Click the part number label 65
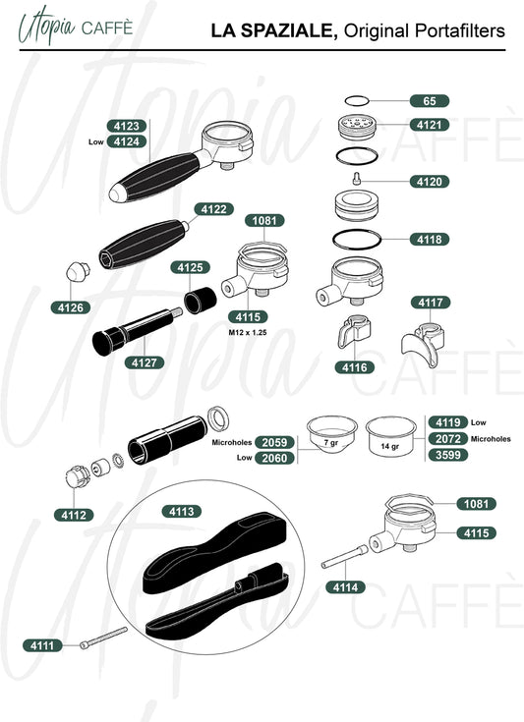coord(430,101)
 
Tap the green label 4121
coord(430,125)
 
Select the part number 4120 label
coord(430,182)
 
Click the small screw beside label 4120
coord(356,178)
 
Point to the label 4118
coord(430,240)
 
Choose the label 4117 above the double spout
coord(431,303)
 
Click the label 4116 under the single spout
coord(354,367)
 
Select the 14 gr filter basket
coord(391,436)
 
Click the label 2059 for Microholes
coord(274,442)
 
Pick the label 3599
coord(448,455)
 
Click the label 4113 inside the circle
coord(182,511)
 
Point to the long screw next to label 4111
coord(103,638)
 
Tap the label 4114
coord(346,587)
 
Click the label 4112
coord(74,515)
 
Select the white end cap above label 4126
coord(78,271)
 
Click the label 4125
coord(191,267)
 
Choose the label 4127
coord(145,362)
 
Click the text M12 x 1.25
coord(248,332)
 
